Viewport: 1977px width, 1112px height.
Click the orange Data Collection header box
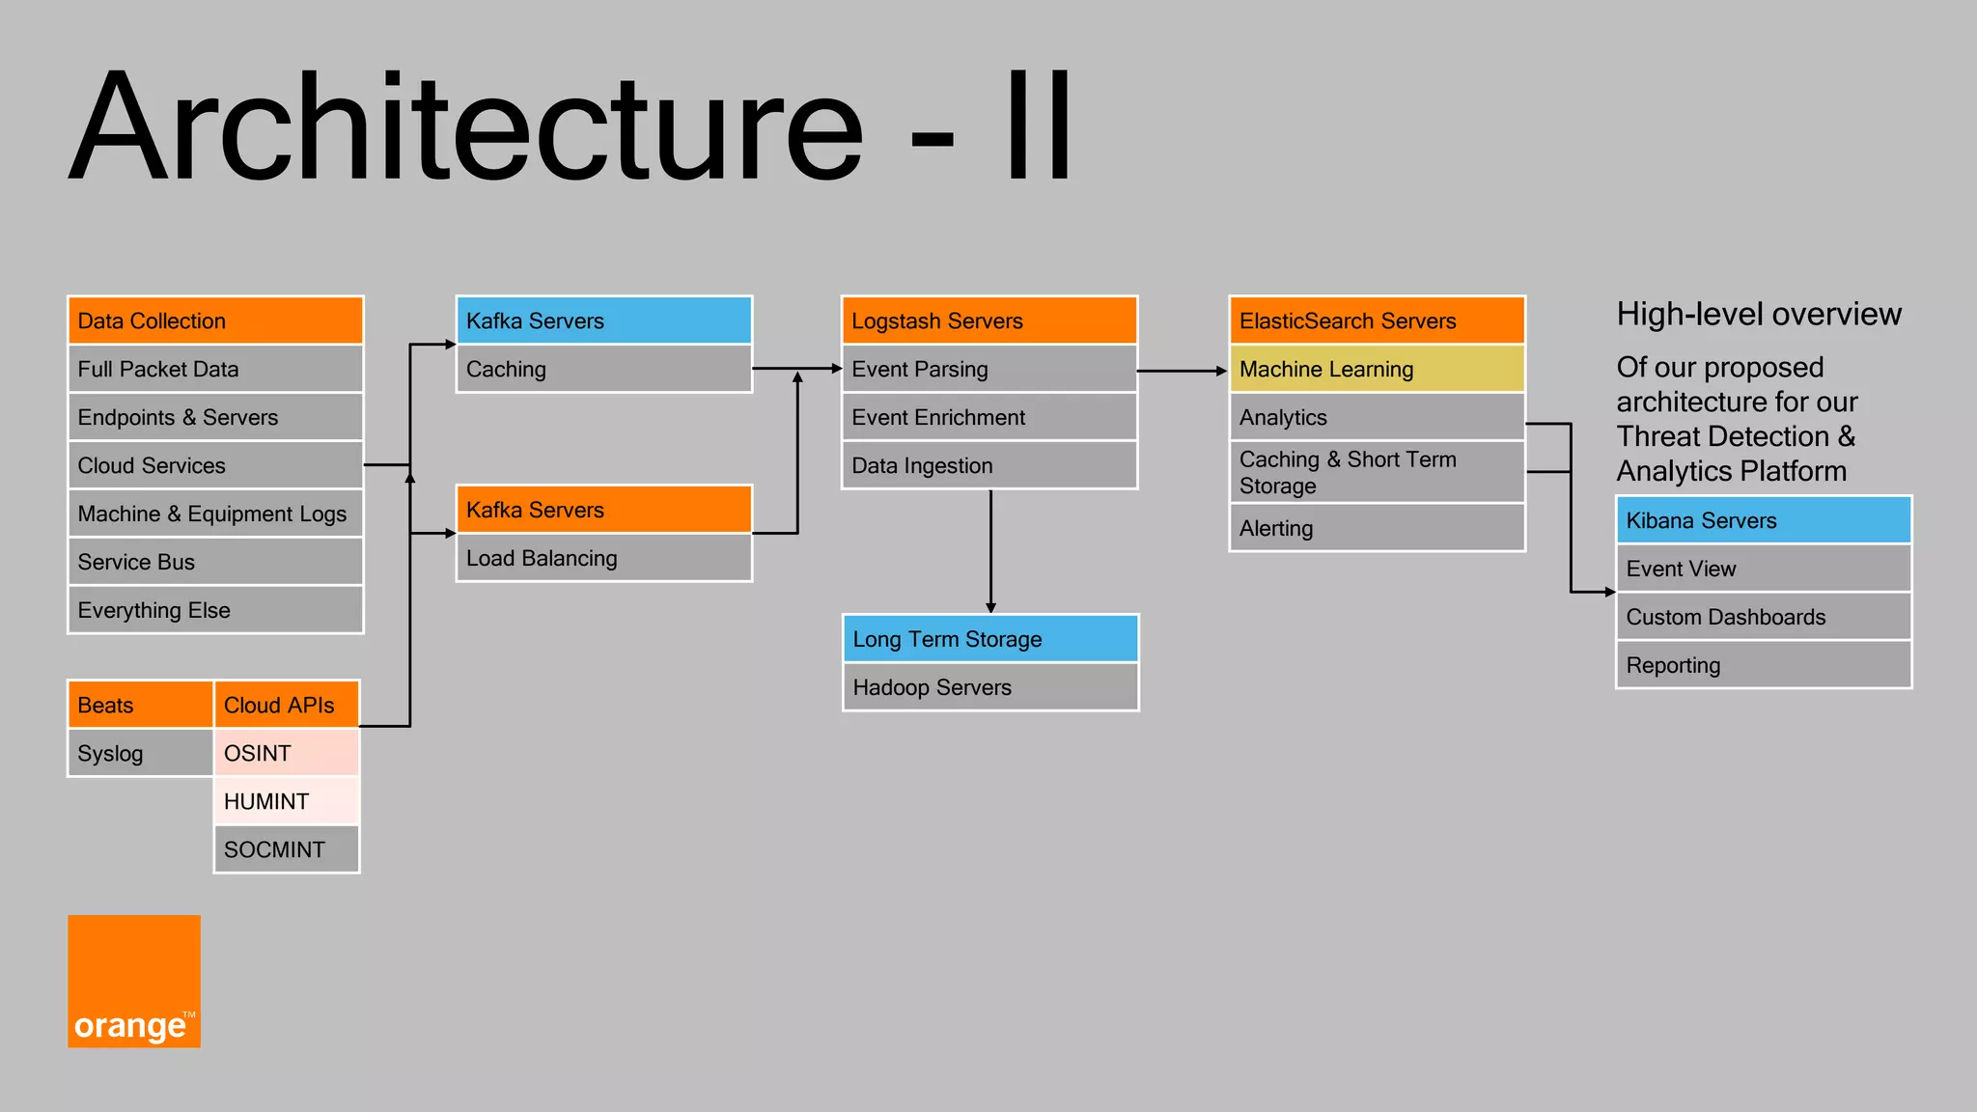(215, 320)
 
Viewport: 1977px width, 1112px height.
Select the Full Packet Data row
(215, 369)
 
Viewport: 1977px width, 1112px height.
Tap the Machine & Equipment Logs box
(215, 514)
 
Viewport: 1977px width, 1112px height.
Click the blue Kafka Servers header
(603, 320)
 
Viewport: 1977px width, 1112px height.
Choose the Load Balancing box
(603, 558)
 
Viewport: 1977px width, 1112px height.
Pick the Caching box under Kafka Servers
(603, 369)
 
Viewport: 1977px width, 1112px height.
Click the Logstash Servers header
(989, 320)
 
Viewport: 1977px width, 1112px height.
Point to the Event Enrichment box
(989, 417)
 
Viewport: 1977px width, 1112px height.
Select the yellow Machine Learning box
(1377, 369)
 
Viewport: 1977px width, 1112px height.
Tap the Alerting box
(1377, 528)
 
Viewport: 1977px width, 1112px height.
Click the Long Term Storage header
(990, 639)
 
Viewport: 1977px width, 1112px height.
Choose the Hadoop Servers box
(990, 687)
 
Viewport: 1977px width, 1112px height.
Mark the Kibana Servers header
(1764, 520)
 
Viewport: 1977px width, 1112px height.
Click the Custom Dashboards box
(1764, 617)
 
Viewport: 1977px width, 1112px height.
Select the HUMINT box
(286, 801)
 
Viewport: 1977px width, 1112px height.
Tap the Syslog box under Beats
(140, 753)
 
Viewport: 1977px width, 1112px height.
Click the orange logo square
(134, 981)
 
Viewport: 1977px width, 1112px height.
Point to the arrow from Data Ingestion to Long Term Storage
(990, 550)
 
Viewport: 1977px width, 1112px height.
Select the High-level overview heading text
(1759, 315)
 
